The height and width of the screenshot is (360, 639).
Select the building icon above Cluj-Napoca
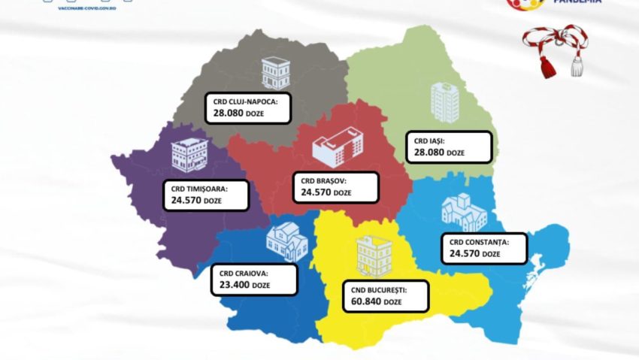click(x=274, y=72)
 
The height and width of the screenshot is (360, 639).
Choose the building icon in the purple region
click(x=186, y=155)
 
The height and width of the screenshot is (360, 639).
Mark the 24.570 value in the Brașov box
click(x=315, y=192)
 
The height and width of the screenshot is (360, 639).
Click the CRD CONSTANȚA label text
click(x=479, y=242)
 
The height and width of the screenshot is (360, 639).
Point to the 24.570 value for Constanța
click(x=464, y=254)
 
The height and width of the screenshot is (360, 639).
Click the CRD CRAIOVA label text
click(x=240, y=274)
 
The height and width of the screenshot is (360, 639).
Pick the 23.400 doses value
click(x=229, y=286)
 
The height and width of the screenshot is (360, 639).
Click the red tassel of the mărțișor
click(x=547, y=68)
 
